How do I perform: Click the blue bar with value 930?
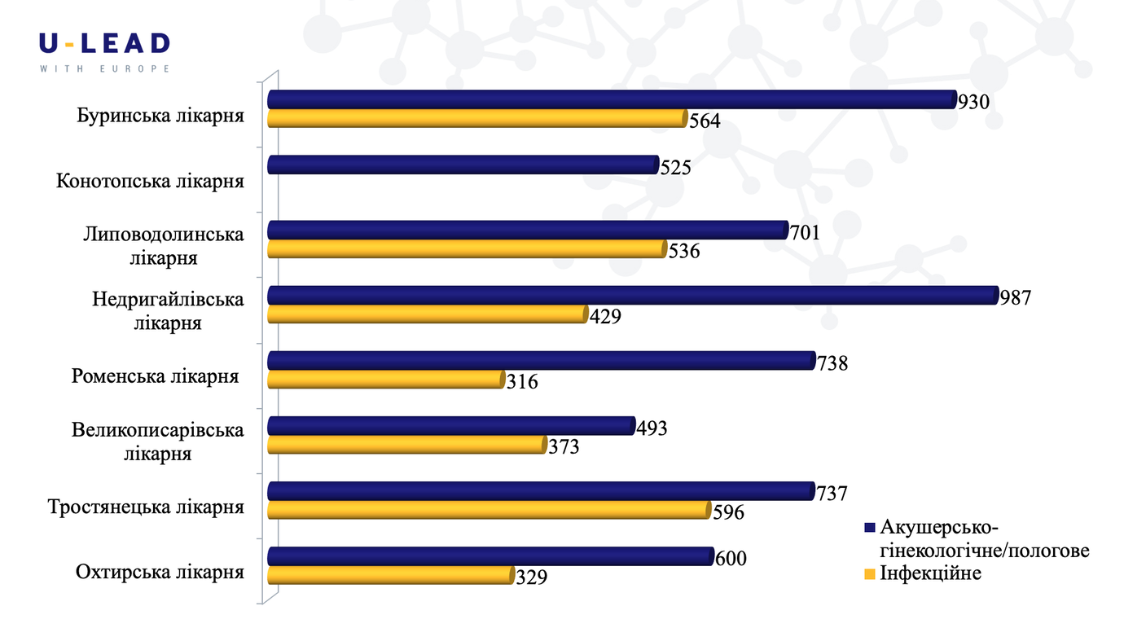tap(612, 99)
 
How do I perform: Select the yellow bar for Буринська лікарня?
tap(477, 118)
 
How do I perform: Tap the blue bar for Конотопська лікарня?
tap(463, 165)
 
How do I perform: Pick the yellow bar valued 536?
tap(468, 249)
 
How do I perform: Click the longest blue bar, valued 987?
tap(633, 295)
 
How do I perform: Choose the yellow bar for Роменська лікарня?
tap(386, 380)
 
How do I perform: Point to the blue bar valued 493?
tap(451, 426)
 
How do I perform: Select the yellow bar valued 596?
tap(490, 510)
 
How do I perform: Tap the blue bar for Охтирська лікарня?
tap(491, 556)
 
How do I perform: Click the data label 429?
tap(605, 316)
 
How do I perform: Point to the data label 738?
tap(832, 363)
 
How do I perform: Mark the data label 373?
tap(564, 446)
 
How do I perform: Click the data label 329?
tap(531, 577)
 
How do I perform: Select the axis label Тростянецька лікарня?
tap(146, 507)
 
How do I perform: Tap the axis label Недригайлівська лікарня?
tap(168, 310)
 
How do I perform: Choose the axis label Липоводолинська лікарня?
tap(164, 246)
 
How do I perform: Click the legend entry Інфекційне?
tap(923, 573)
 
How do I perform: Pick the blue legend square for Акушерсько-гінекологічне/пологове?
tap(870, 528)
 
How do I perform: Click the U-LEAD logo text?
tap(104, 44)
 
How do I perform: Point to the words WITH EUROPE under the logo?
tap(104, 68)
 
